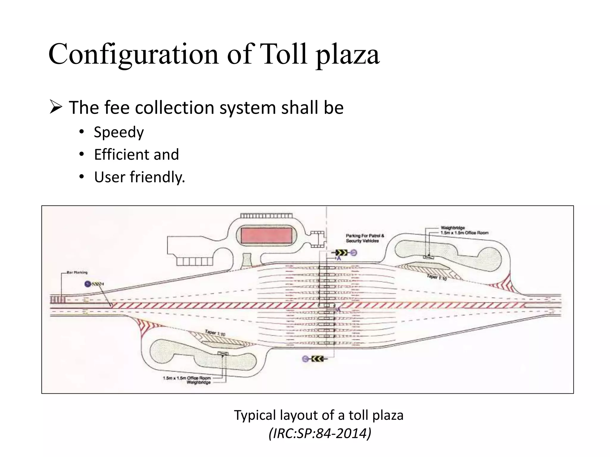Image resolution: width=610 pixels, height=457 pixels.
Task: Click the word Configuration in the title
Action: tap(133, 54)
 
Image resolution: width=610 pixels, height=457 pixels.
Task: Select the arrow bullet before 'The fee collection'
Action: tap(56, 107)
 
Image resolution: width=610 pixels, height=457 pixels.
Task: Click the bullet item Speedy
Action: tap(119, 132)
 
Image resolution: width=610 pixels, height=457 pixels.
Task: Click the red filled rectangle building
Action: tap(266, 236)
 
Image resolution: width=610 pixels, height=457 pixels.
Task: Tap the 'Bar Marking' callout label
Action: tap(77, 272)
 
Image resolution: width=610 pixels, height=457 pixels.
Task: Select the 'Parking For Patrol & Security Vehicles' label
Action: tap(365, 238)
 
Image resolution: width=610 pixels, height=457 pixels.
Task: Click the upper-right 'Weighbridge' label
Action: tap(452, 228)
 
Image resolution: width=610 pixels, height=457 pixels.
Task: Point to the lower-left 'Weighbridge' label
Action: tap(199, 382)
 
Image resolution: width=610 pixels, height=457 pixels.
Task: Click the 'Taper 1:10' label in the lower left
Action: tap(215, 332)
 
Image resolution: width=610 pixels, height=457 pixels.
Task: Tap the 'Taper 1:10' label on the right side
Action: tap(437, 277)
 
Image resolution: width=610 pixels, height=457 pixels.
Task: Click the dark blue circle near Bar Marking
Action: tap(88, 284)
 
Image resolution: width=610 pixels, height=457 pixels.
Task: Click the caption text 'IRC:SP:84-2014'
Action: tap(320, 433)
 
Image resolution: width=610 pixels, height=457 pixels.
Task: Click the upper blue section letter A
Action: tap(339, 259)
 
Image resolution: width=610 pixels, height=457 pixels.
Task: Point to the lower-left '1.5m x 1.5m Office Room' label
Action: tap(186, 378)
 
